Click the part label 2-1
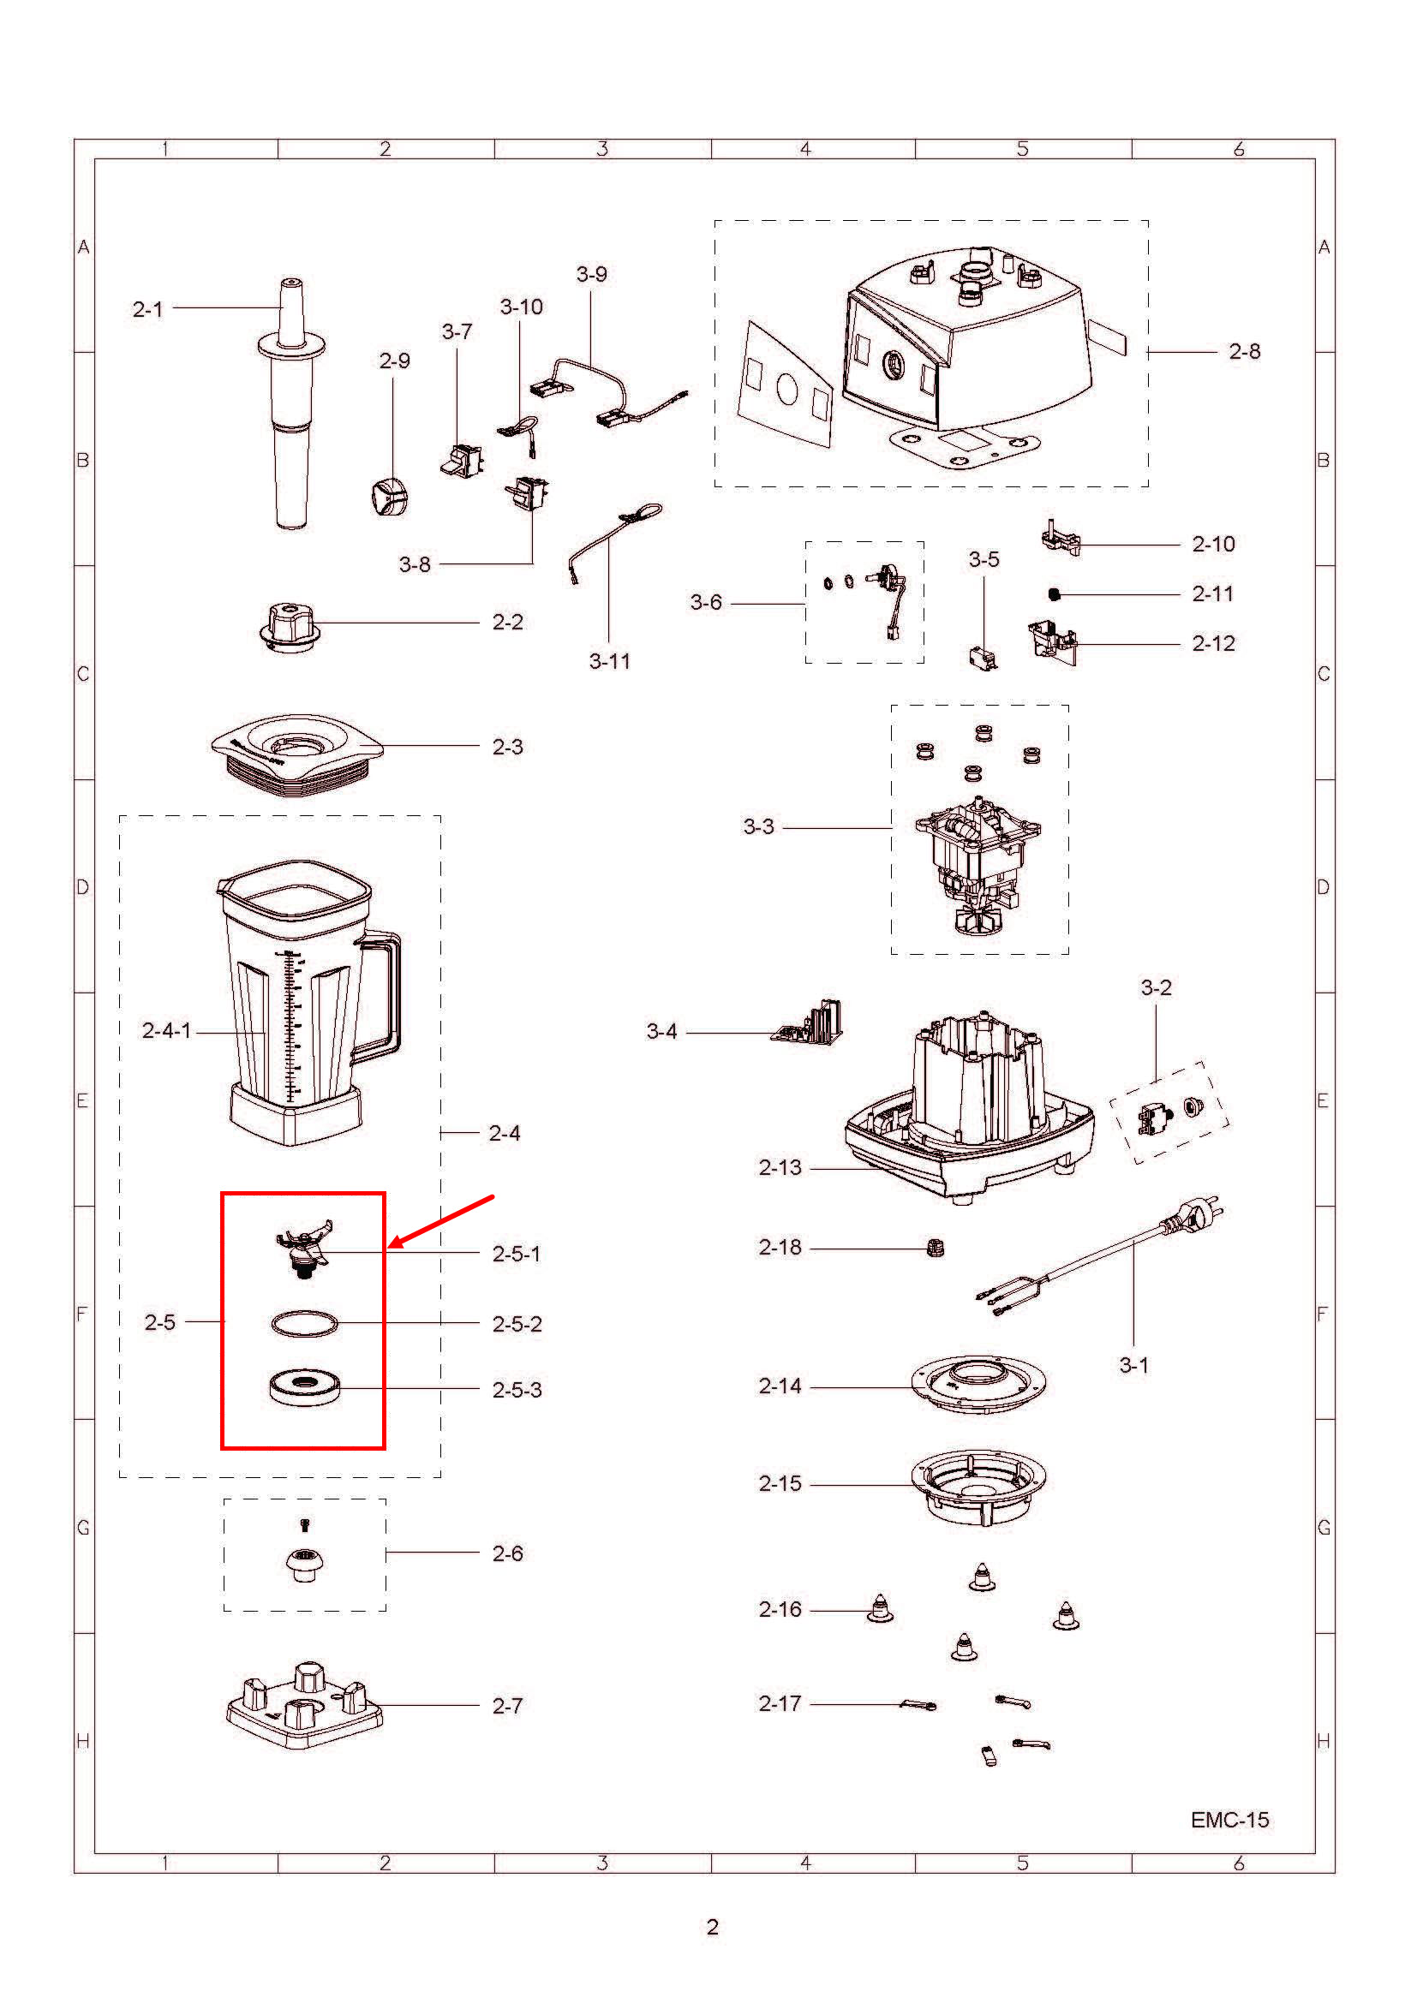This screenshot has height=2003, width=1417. pyautogui.click(x=147, y=309)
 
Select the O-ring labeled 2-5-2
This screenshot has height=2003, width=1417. pyautogui.click(x=303, y=1323)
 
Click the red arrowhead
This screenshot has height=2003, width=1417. pyautogui.click(x=393, y=1245)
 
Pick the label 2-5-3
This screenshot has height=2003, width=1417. pyautogui.click(x=517, y=1390)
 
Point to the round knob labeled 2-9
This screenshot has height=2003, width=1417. pyautogui.click(x=389, y=498)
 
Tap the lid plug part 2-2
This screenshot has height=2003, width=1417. pyautogui.click(x=290, y=625)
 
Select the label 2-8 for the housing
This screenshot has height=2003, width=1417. pyautogui.click(x=1244, y=352)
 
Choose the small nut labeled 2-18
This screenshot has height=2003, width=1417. pyautogui.click(x=936, y=1249)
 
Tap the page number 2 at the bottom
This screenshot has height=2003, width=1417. pyautogui.click(x=712, y=1926)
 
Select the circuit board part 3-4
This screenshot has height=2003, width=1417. pyautogui.click(x=810, y=1023)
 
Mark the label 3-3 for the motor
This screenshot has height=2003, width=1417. pyautogui.click(x=758, y=826)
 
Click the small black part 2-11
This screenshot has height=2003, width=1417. pyautogui.click(x=1054, y=594)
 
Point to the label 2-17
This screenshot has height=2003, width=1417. pyautogui.click(x=779, y=1703)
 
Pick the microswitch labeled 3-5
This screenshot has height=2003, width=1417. pyautogui.click(x=982, y=656)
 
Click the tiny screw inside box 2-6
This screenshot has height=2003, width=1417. pyautogui.click(x=303, y=1524)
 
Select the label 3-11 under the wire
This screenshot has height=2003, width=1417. pyautogui.click(x=609, y=661)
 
